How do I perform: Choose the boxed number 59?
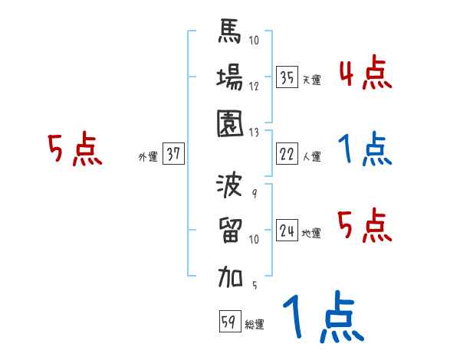pyautogui.click(x=229, y=322)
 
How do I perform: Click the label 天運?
pyautogui.click(x=311, y=80)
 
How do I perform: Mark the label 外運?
pyautogui.click(x=147, y=157)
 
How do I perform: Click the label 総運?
pyautogui.click(x=255, y=325)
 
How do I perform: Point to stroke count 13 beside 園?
pyautogui.click(x=255, y=131)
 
